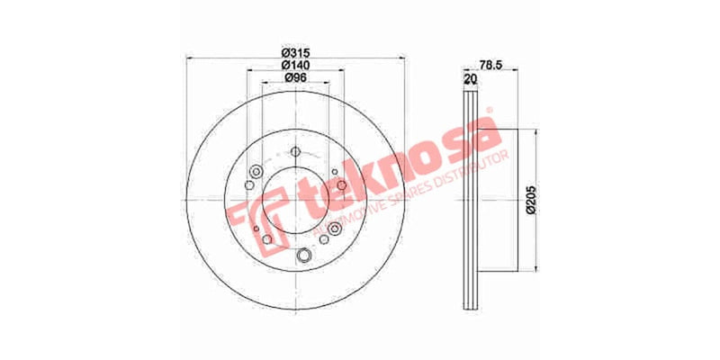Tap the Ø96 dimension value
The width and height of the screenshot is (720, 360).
click(x=292, y=78)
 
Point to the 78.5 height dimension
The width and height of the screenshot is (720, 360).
click(x=490, y=66)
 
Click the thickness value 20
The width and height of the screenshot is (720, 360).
click(x=468, y=79)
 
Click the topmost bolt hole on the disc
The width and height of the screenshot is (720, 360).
click(x=295, y=151)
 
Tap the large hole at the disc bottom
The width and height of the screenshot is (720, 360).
click(x=303, y=259)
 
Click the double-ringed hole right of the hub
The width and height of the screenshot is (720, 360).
click(x=335, y=229)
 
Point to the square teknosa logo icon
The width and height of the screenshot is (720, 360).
click(x=242, y=213)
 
